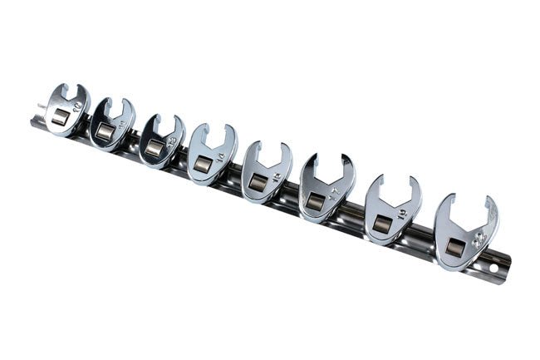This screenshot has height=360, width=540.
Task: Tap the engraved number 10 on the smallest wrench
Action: [78, 106]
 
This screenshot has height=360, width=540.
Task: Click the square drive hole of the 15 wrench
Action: [258, 180]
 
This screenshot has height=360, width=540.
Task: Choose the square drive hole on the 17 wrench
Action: [315, 200]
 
